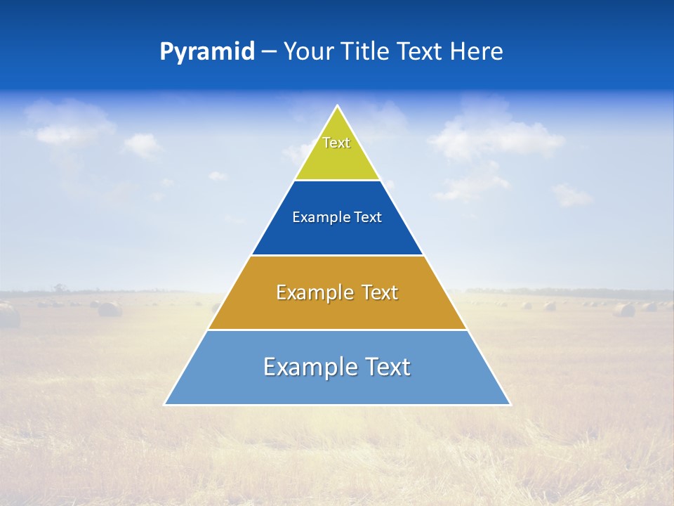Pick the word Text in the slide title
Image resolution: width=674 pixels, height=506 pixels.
coord(422,52)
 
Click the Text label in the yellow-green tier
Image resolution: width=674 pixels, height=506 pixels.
coord(336,143)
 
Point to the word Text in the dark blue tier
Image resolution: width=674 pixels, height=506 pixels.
coord(368,218)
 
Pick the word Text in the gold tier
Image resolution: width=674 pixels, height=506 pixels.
coord(380,292)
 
